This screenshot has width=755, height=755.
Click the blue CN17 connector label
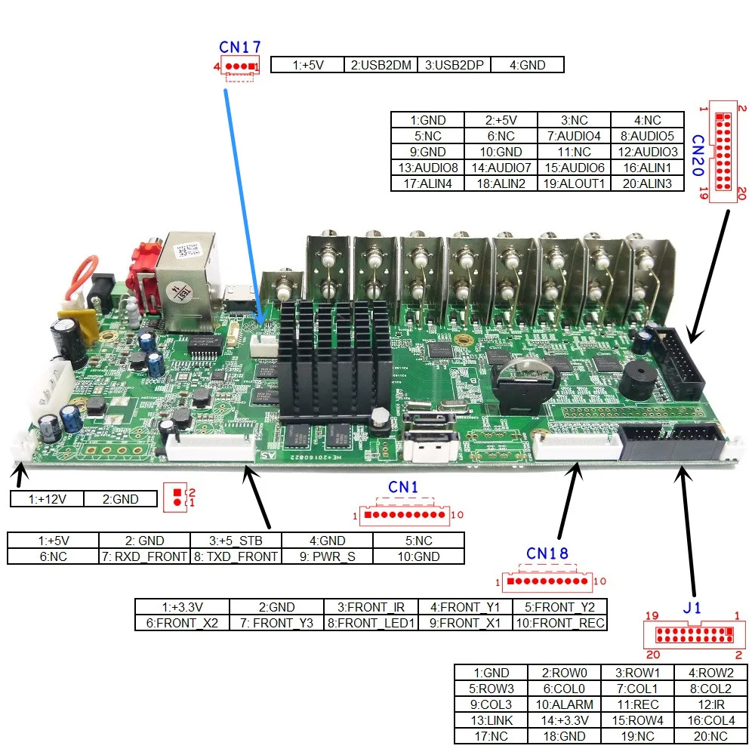coord(240,47)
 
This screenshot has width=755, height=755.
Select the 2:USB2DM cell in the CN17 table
coord(381,65)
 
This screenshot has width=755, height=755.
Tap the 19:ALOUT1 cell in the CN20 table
coord(574,183)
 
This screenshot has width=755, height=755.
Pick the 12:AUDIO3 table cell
coord(648,152)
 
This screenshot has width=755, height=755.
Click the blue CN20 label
coord(698,155)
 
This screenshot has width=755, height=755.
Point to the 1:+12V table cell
coord(47,499)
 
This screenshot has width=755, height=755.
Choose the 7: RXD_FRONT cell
coord(144,556)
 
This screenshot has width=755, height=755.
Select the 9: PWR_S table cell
coord(328,556)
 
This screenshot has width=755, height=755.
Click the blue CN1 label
coord(403,487)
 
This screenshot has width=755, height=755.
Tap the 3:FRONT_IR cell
coord(371,607)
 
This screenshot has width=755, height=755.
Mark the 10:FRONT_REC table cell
coord(560,623)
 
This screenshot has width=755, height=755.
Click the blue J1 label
coord(692,608)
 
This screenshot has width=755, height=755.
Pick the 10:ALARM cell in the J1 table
coord(564,704)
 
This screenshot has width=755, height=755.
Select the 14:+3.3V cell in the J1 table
coord(564,720)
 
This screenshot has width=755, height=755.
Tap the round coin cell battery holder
coord(526,385)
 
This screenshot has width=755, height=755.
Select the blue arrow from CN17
coord(244,207)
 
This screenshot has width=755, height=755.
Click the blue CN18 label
coord(547,553)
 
